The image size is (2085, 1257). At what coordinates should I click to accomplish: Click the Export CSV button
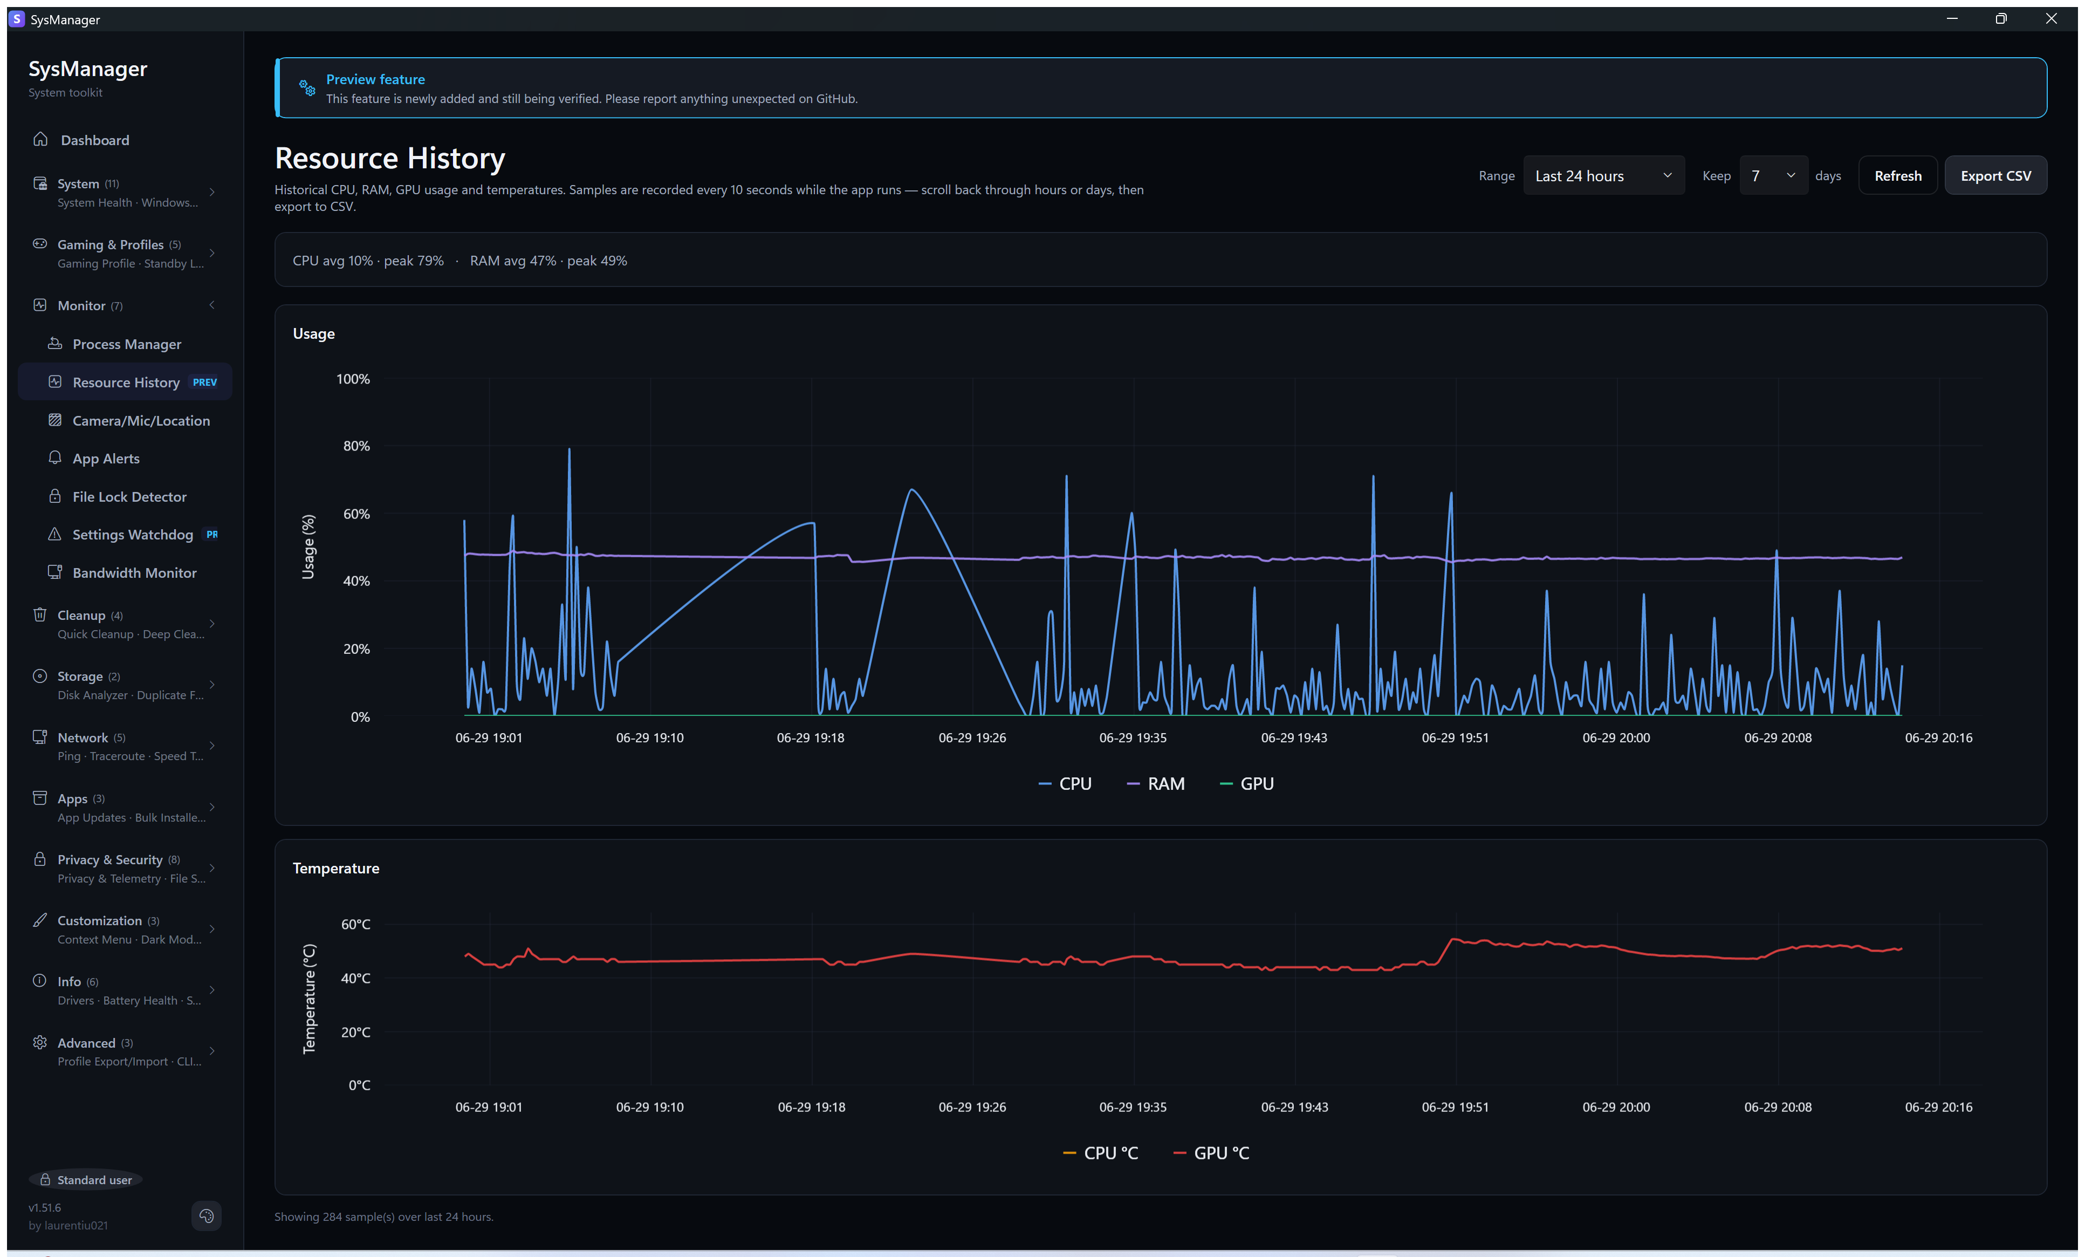tap(1995, 175)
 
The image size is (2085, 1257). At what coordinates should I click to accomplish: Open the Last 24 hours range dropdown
tap(1603, 175)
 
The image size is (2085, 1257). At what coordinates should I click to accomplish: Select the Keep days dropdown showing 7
tap(1773, 175)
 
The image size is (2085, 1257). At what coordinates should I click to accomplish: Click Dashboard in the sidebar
tap(95, 140)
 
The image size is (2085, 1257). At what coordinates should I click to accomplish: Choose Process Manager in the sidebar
tap(126, 344)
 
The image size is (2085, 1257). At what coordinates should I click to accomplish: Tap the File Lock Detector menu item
tap(128, 496)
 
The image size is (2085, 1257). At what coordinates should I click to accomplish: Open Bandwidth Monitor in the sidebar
tap(134, 572)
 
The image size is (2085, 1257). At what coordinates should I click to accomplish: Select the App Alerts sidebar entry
tap(106, 458)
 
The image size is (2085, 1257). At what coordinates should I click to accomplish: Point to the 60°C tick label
tap(355, 924)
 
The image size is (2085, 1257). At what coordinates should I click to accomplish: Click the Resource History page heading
tap(389, 158)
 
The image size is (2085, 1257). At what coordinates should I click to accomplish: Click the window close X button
tap(2050, 19)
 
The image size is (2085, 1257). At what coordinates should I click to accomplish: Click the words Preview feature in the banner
tap(375, 79)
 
